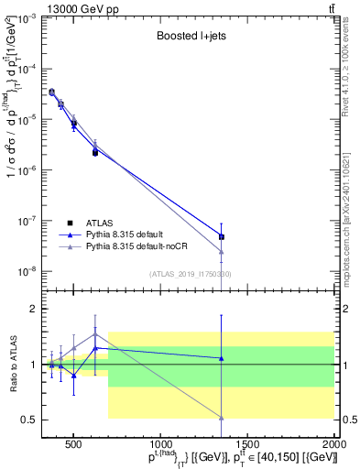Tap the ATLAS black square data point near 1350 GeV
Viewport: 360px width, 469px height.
222,236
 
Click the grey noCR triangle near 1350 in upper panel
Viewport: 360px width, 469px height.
222,252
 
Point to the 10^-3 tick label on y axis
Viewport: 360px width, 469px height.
29,18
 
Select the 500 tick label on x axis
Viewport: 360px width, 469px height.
73,442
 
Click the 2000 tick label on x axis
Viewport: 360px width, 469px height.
334,442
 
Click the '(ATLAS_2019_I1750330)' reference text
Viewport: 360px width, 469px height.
191,274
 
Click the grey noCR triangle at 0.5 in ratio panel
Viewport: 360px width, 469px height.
222,418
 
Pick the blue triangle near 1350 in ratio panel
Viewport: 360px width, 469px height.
222,358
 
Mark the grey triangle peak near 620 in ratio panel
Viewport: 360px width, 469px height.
95,333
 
